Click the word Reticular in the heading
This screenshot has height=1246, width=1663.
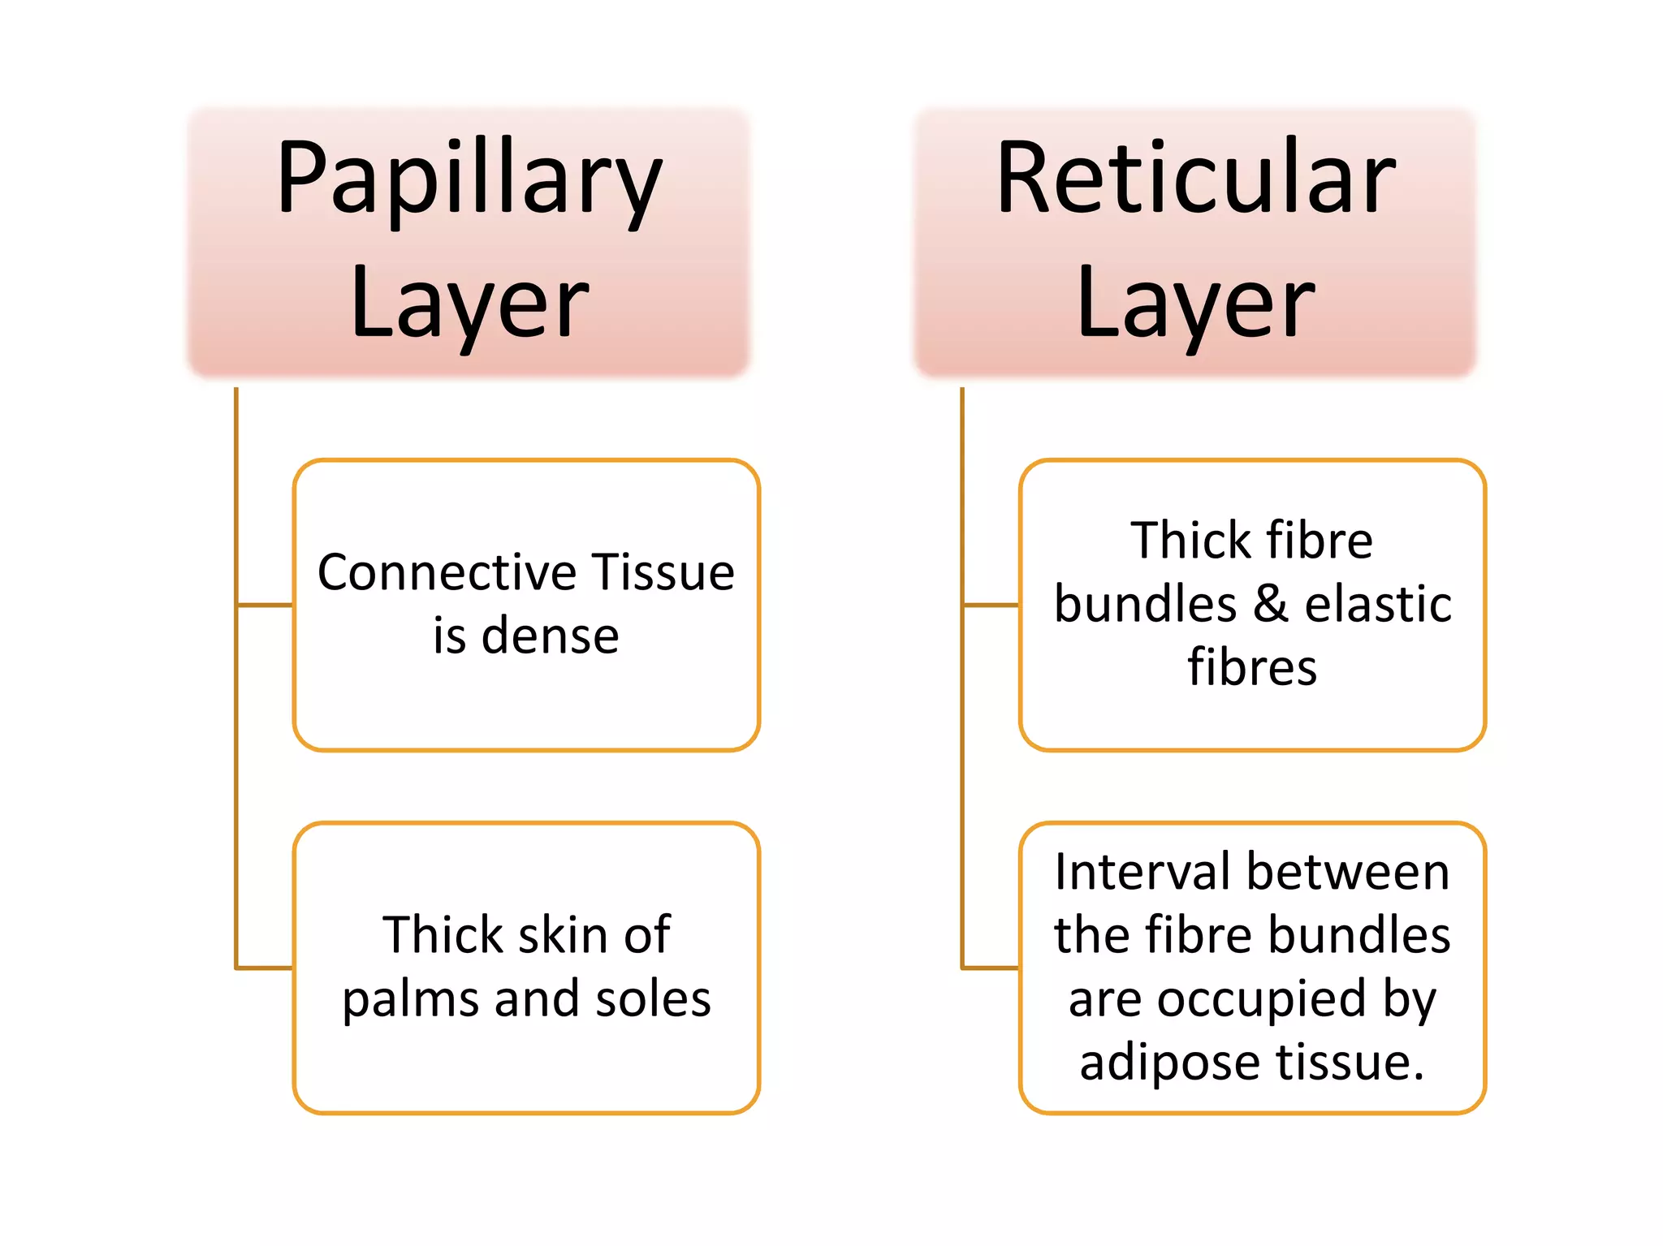click(x=1195, y=178)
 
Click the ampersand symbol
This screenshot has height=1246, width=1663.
click(x=1271, y=605)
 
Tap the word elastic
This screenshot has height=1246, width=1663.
click(x=1378, y=604)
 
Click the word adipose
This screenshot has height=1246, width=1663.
click(x=1170, y=1063)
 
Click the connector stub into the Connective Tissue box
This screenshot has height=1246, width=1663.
click(x=265, y=605)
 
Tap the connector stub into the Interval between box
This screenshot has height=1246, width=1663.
click(x=991, y=968)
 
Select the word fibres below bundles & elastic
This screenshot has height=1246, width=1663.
click(x=1252, y=667)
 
